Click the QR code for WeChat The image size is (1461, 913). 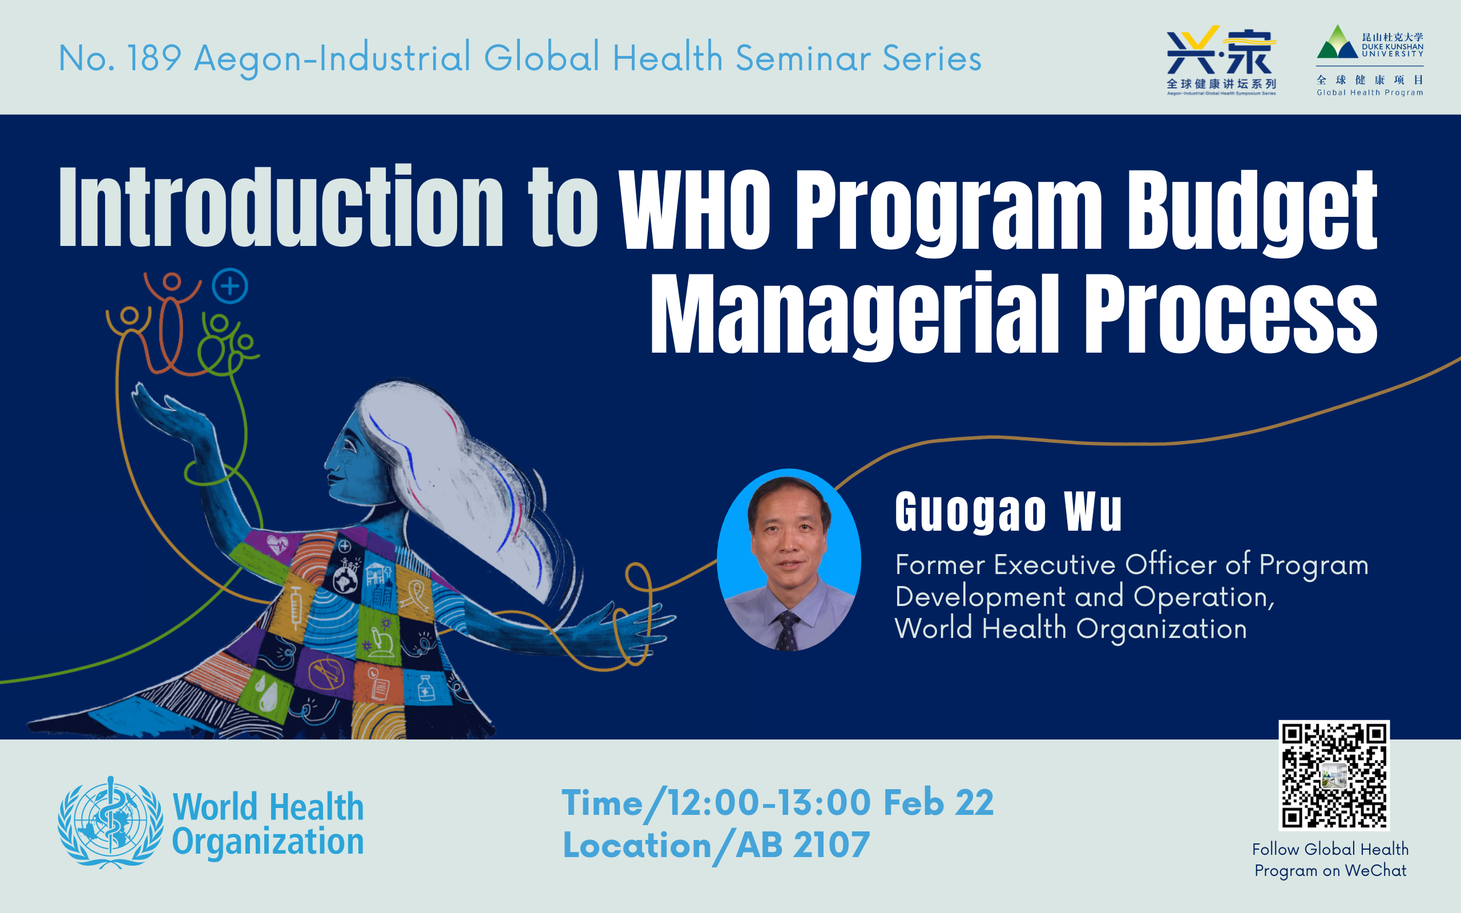pyautogui.click(x=1334, y=775)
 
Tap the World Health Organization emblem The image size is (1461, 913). pyautogui.click(x=110, y=822)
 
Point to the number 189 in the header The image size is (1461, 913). pyautogui.click(x=155, y=59)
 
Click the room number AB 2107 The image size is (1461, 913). pyautogui.click(x=802, y=845)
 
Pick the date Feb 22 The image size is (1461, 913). pyautogui.click(x=938, y=802)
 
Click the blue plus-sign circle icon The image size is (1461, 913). pyautogui.click(x=230, y=286)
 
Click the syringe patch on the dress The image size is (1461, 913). pyautogui.click(x=295, y=607)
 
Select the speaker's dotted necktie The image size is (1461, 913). pyautogui.click(x=787, y=631)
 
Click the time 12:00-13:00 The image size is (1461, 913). pyautogui.click(x=769, y=802)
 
